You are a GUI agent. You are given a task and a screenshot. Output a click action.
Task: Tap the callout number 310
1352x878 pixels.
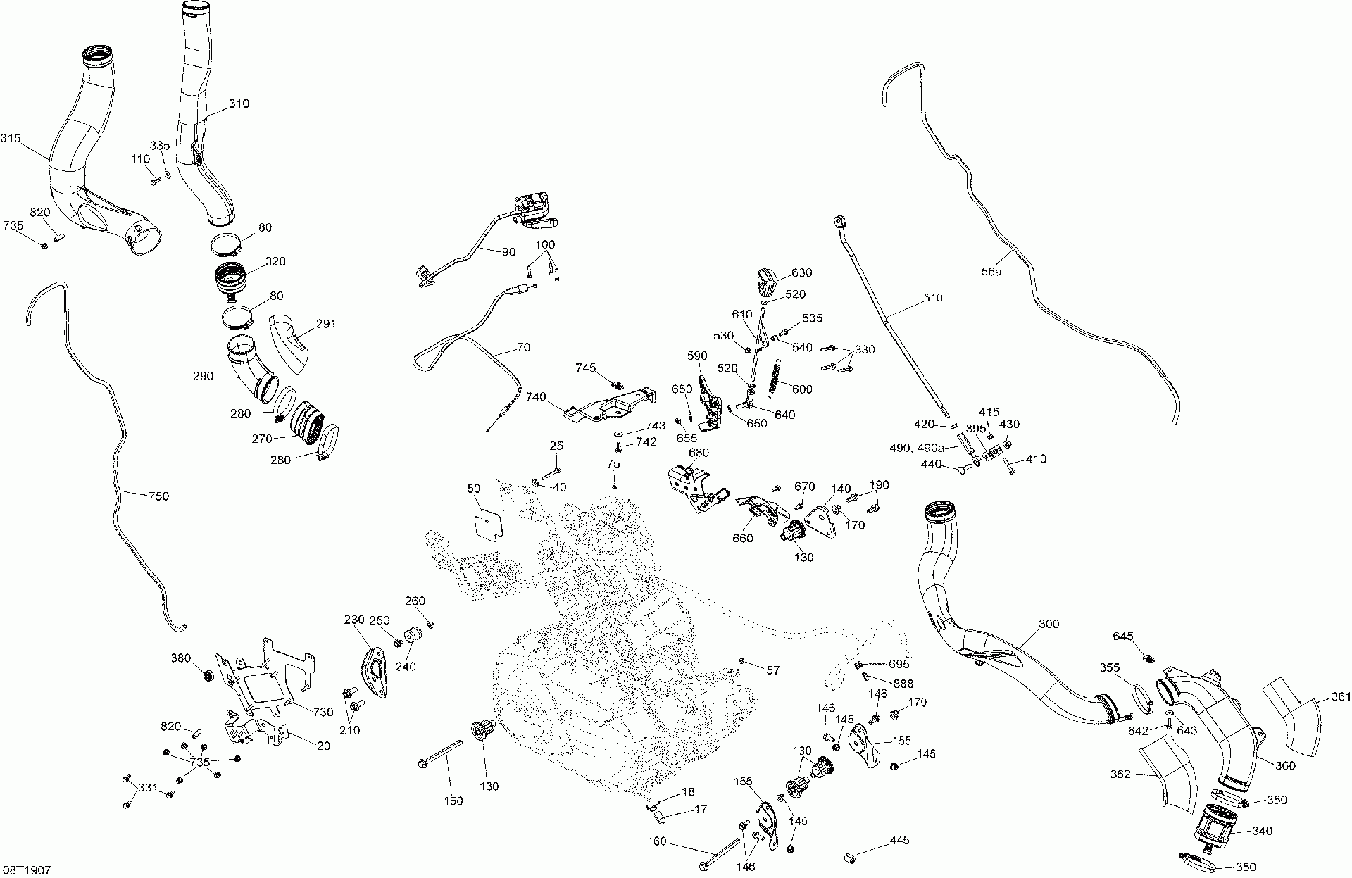239,104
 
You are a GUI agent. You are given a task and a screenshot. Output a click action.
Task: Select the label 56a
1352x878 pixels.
991,271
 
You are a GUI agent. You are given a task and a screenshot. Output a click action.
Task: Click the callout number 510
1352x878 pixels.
932,297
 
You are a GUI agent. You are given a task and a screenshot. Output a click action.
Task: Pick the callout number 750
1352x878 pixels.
159,496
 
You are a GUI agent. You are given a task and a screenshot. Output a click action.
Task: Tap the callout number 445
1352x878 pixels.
899,840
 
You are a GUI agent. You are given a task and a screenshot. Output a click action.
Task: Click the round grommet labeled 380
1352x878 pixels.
208,676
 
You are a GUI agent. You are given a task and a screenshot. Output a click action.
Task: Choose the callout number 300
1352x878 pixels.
1049,624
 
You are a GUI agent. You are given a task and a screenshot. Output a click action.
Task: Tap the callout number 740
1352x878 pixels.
536,397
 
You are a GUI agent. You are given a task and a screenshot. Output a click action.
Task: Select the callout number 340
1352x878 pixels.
1263,831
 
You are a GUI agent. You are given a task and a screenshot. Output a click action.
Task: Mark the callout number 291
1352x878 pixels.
326,325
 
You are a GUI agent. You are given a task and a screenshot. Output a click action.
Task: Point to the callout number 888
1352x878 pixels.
903,684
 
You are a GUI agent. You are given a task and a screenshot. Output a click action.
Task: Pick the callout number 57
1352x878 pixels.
772,670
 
